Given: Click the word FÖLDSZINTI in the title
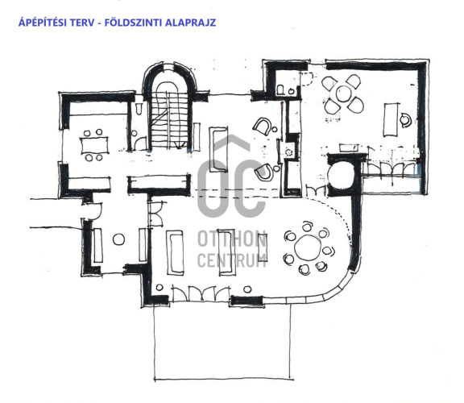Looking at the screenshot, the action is [134, 23].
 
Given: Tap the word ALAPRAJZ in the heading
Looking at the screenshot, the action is [190, 23].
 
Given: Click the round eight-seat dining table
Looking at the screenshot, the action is [308, 248].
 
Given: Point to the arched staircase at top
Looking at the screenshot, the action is [169, 106].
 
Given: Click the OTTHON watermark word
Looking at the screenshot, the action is [232, 239].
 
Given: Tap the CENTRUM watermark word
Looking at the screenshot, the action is [232, 260].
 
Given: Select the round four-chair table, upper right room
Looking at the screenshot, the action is [343, 93].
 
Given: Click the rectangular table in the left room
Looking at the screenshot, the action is [95, 145].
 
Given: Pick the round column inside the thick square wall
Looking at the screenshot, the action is [342, 175].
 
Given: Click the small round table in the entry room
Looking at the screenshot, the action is [118, 239].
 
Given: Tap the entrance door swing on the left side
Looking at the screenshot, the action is [97, 211].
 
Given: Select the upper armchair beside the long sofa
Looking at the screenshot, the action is [262, 127].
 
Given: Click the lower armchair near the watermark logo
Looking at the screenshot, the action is [264, 172].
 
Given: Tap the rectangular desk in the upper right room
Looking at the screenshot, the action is [391, 119].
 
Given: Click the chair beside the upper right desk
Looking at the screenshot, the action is [406, 120].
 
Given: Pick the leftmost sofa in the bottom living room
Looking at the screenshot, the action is [175, 253].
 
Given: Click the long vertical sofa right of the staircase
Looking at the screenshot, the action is [218, 149].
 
